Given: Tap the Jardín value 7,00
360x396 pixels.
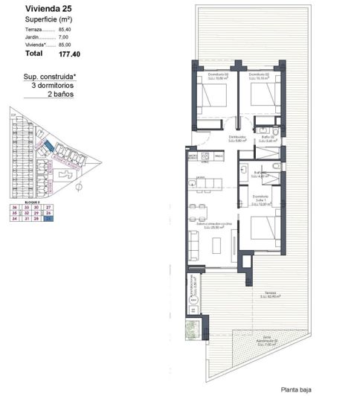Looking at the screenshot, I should pos(64,36).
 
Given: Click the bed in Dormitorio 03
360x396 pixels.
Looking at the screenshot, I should pos(208,98).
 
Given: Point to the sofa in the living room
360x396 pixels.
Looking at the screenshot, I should pos(193,245).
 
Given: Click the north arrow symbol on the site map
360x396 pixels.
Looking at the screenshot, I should pos(78,188).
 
